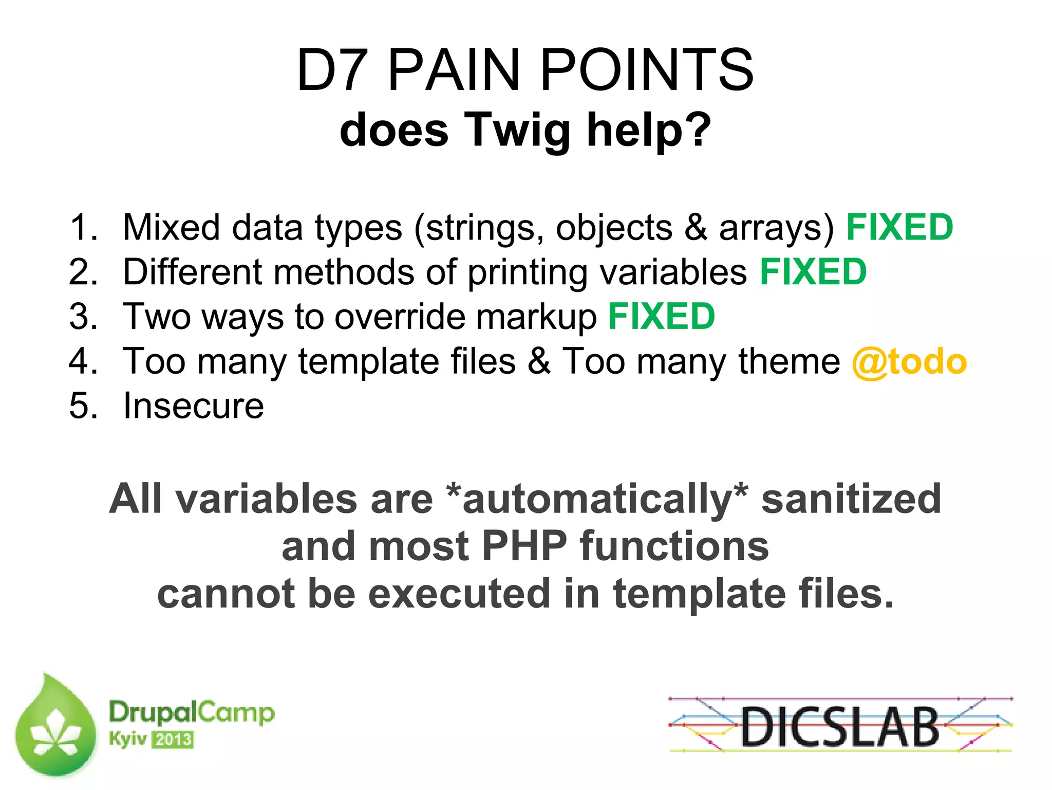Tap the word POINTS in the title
647,70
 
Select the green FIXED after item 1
899,228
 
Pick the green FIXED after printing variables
813,272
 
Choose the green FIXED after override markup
662,316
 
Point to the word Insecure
193,406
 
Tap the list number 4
82,361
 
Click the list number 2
82,272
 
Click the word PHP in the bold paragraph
524,546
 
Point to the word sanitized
851,499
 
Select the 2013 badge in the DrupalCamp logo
173,740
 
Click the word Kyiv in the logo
127,739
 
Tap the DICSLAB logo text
840,726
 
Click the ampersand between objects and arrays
696,228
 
